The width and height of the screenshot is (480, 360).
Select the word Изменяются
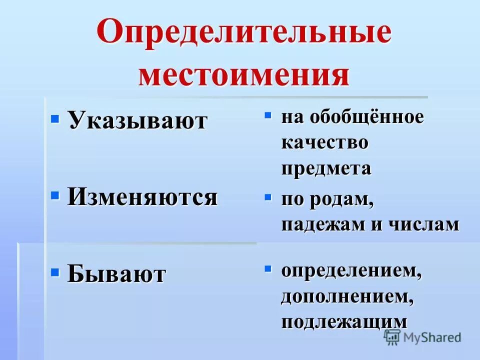[x=142, y=196]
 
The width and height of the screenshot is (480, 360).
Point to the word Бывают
[x=116, y=273]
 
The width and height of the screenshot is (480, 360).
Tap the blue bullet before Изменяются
[x=55, y=195]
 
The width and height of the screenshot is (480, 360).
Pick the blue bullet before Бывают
[x=55, y=272]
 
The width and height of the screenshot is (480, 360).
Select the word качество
[x=325, y=143]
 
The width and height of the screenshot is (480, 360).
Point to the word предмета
[x=326, y=168]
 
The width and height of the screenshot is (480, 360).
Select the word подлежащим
[x=344, y=321]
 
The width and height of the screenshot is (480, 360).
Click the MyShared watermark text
[x=432, y=337]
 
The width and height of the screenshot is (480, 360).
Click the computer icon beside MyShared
[x=392, y=336]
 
